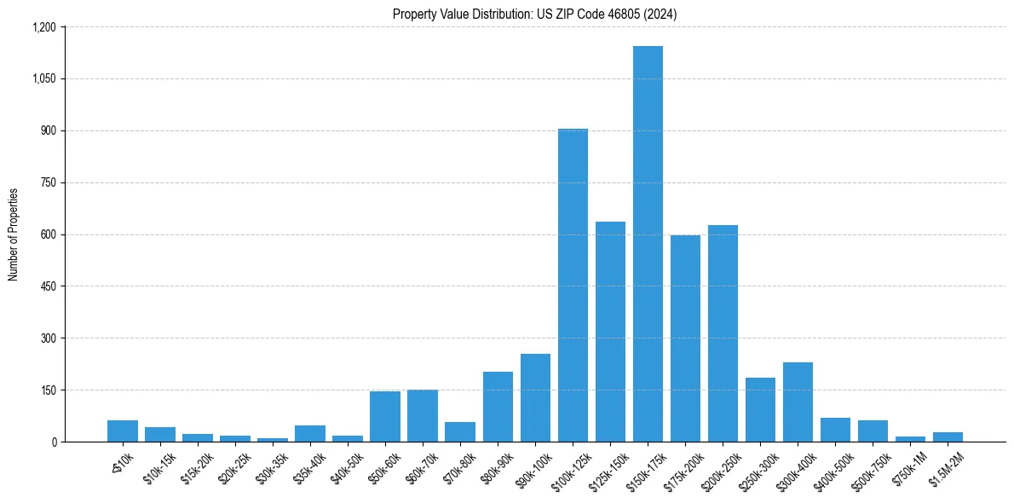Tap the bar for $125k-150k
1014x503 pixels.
610,332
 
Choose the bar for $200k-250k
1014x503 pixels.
723,333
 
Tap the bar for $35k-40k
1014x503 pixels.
310,433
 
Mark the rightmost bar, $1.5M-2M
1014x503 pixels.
948,437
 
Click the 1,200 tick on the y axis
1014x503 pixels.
43,27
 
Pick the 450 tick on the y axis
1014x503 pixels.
48,286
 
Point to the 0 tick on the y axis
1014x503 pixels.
53,442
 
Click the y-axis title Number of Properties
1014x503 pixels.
14,234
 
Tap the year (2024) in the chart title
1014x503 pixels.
660,14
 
